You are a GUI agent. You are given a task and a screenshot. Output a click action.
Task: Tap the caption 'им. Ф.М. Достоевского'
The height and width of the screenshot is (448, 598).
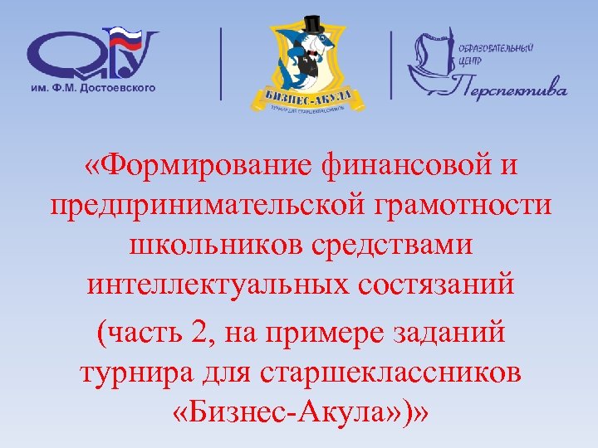click(x=92, y=87)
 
